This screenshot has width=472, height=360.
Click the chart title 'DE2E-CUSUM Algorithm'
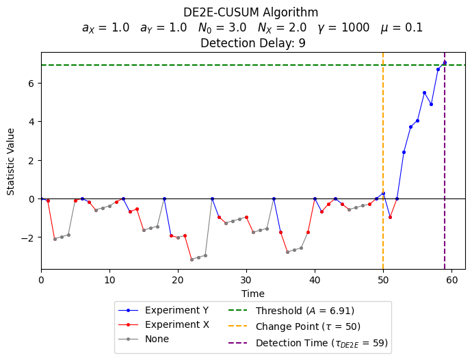(251, 12)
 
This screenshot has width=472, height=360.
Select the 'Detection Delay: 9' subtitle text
(252, 43)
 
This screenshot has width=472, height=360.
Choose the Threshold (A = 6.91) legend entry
(305, 310)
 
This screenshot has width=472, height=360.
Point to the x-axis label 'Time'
(252, 294)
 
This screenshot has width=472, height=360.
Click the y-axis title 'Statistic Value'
(11, 160)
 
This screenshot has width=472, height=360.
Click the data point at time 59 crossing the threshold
(445, 62)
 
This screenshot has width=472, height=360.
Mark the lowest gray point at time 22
(192, 259)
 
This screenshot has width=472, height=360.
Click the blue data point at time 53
(404, 152)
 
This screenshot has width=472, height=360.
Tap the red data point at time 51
(390, 217)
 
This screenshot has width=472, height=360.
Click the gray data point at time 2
(55, 239)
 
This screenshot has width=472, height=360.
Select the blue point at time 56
(424, 92)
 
